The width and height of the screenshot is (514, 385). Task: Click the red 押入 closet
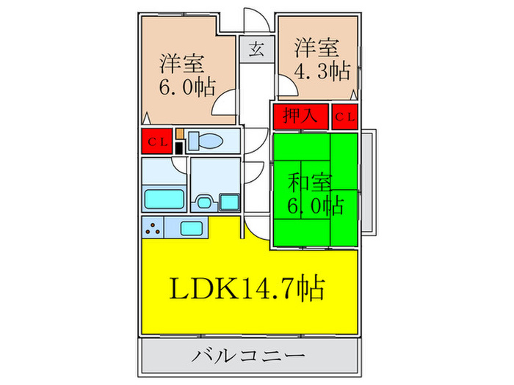[300, 116]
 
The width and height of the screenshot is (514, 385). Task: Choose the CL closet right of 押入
[345, 116]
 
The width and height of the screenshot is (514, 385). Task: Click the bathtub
[163, 199]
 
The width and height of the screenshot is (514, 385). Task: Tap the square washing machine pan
[228, 200]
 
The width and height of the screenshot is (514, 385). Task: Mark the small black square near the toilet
[178, 148]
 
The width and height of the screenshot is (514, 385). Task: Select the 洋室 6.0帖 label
[187, 75]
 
